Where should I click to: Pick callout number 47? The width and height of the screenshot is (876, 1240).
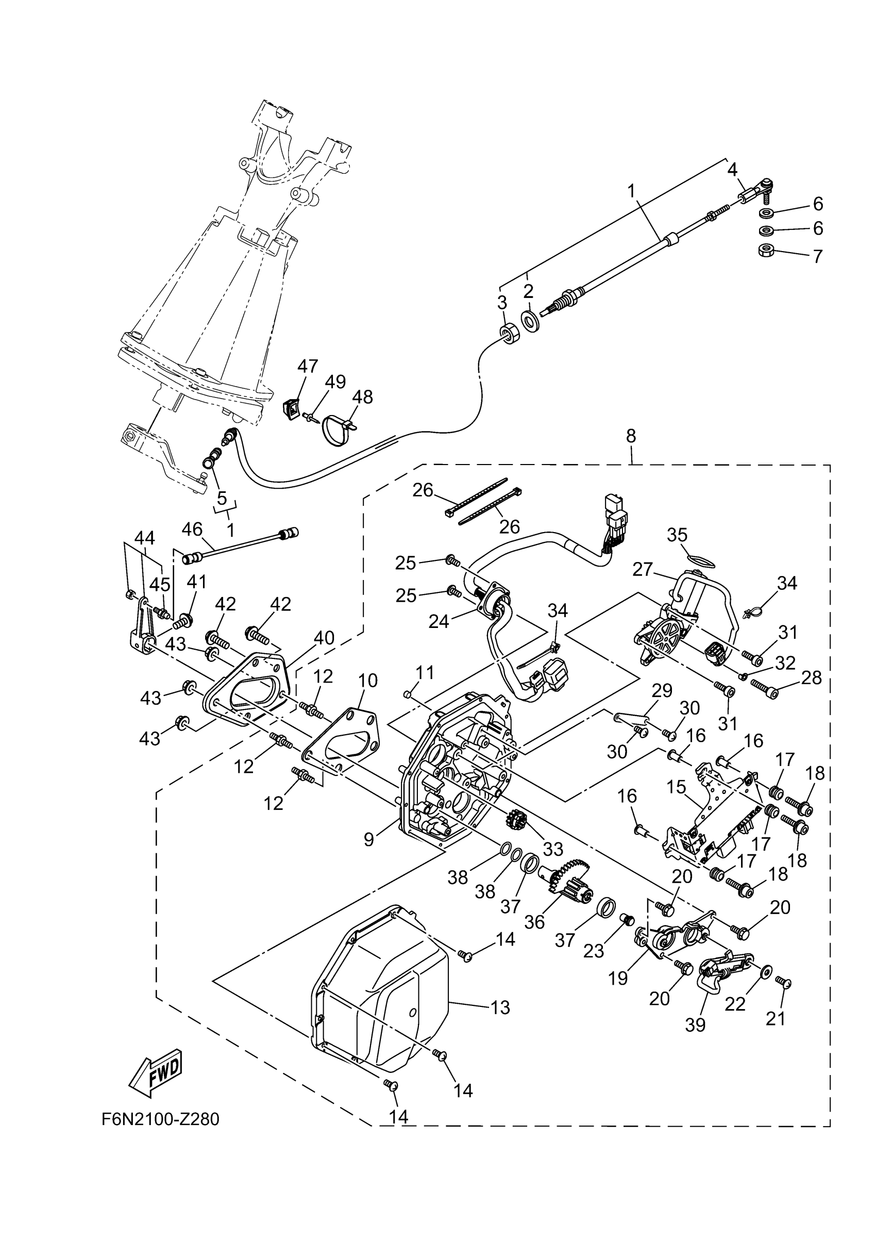(308, 366)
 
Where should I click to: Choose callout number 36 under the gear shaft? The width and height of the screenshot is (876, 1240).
(534, 921)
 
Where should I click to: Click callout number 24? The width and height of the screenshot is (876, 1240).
(439, 622)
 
